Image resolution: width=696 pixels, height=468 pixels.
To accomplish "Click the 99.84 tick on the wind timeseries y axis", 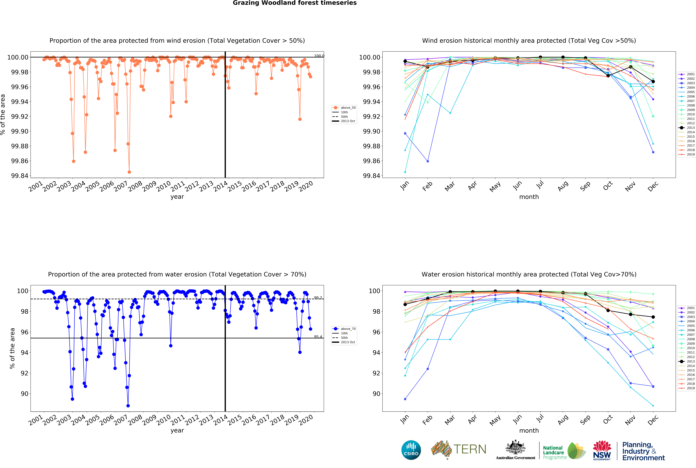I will pyautogui.click(x=20, y=176).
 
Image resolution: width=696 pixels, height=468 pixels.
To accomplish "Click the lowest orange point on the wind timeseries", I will pyautogui.click(x=129, y=172).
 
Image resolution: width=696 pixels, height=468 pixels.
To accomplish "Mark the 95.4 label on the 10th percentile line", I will pyautogui.click(x=318, y=337).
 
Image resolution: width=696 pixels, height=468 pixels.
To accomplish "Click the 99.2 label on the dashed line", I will pyautogui.click(x=318, y=298).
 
